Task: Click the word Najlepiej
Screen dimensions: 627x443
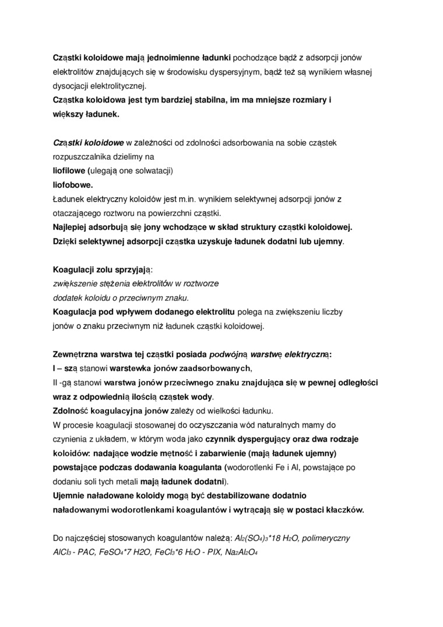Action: tap(71, 227)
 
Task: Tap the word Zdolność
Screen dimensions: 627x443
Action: tap(71, 411)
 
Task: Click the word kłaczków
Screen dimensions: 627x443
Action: tap(343, 509)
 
